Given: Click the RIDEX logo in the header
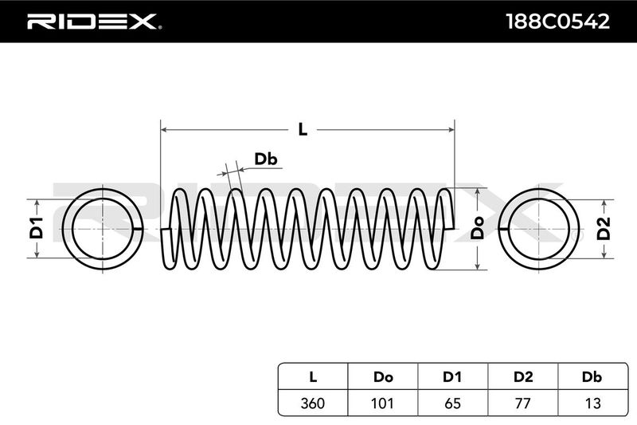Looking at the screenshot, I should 93,21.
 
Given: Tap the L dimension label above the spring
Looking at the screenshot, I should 303,128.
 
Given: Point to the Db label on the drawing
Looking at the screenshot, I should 265,159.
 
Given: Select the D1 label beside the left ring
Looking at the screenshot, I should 36,228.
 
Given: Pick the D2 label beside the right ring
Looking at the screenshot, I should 604,228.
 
